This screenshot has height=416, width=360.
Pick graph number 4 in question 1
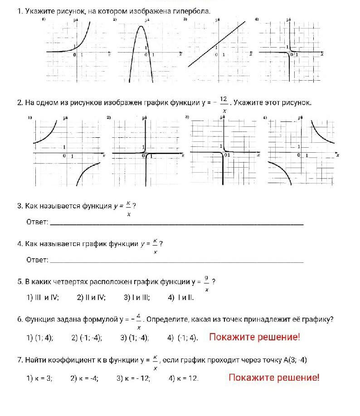click(290, 52)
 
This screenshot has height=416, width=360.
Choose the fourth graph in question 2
click(302, 152)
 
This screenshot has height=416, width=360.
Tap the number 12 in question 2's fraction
click(224, 99)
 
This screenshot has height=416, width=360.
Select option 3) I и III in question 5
click(136, 298)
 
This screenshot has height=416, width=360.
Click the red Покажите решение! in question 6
click(254, 337)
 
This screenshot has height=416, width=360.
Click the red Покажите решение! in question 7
click(274, 377)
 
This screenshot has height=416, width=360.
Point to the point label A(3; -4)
click(295, 360)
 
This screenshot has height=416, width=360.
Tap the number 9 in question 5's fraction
click(206, 278)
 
